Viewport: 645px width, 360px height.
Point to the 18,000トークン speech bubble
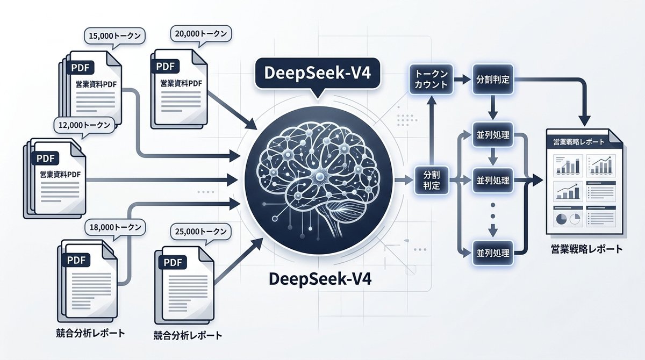pyautogui.click(x=114, y=227)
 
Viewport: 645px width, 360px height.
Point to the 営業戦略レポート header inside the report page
pyautogui.click(x=578, y=142)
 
